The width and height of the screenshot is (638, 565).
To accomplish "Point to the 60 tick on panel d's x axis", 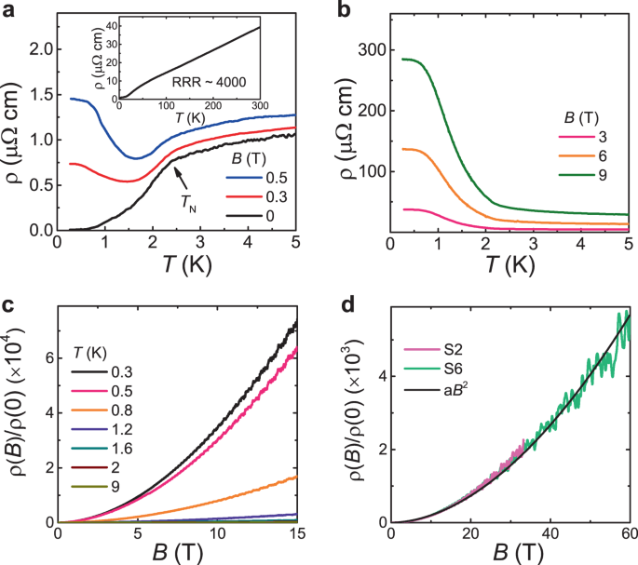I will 628,534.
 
